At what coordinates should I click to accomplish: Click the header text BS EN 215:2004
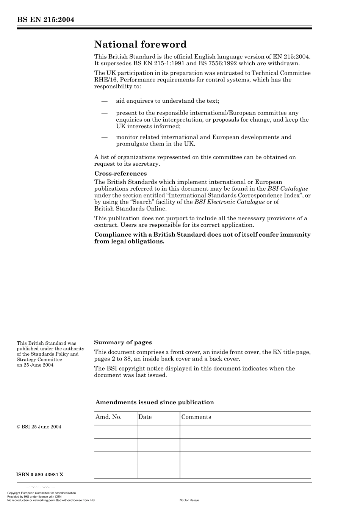tap(45, 20)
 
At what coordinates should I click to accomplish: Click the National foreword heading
tap(140, 45)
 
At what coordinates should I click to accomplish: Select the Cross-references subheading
tap(120, 174)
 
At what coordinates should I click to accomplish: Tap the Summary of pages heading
tap(123, 342)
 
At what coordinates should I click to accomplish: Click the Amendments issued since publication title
tap(155, 402)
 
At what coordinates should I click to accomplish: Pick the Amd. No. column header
tap(108, 417)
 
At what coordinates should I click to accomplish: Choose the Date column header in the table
tap(145, 417)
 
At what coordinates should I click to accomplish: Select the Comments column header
tap(196, 417)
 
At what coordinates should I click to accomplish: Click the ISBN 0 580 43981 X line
tap(40, 474)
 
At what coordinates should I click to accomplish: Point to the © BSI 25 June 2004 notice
tap(39, 427)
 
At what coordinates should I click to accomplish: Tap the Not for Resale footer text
tap(189, 500)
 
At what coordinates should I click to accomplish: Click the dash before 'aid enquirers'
tap(104, 101)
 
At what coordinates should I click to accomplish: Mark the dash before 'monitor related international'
tap(104, 137)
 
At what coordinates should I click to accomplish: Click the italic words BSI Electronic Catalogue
tap(229, 202)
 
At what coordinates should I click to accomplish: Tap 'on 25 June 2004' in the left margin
tap(35, 365)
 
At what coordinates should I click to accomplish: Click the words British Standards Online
tap(130, 209)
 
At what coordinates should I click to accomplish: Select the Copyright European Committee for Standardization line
tap(42, 493)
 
